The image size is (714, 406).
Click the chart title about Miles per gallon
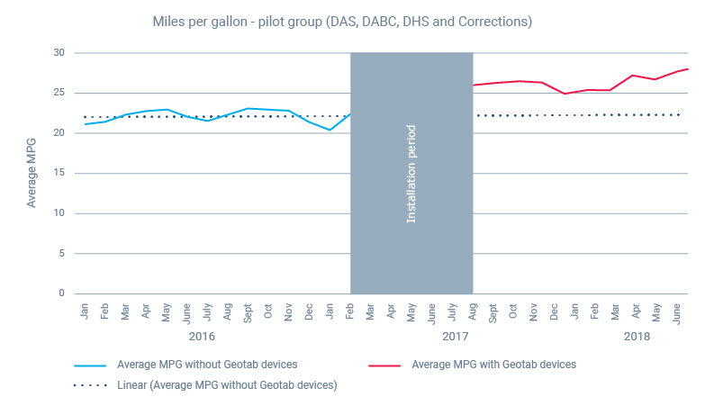[x=342, y=21]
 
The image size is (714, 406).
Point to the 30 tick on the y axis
[x=59, y=52]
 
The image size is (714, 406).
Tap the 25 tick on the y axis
[x=59, y=93]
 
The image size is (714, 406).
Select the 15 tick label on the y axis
[x=59, y=173]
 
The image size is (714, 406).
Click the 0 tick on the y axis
[x=62, y=293]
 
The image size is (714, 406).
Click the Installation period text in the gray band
[x=411, y=173]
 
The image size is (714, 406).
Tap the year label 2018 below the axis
[x=637, y=337]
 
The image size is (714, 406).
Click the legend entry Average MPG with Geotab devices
[x=493, y=365]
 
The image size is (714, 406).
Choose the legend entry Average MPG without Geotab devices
[x=207, y=365]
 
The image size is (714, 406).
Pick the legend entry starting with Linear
[x=226, y=384]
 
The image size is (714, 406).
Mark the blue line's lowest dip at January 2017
[x=330, y=131]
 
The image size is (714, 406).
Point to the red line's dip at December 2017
[x=565, y=94]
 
